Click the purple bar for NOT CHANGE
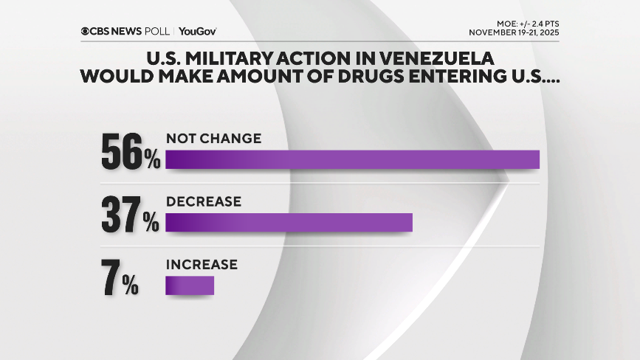tap(352, 159)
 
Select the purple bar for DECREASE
tap(289, 223)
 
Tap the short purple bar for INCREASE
tap(190, 285)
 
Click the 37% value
tap(131, 216)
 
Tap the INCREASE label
tap(202, 264)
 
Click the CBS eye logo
tap(86, 31)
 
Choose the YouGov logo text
tap(197, 31)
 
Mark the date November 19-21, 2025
tap(515, 32)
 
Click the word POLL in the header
tap(157, 31)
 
